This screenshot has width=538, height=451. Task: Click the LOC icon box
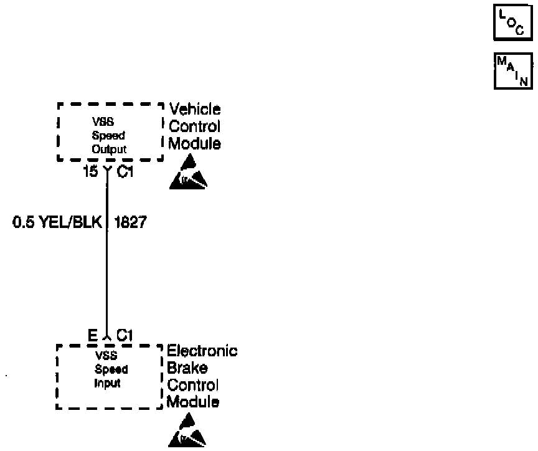[512, 24]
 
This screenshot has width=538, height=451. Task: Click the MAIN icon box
[512, 71]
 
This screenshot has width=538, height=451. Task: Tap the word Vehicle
[195, 110]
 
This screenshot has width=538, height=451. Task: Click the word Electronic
[202, 351]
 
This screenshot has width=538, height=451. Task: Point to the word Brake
[187, 368]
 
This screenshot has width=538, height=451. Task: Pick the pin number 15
[90, 171]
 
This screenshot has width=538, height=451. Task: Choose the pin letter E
[92, 336]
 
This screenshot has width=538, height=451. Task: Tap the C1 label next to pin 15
[125, 171]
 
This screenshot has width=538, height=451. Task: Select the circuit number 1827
[131, 222]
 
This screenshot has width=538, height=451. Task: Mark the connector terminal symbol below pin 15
[107, 170]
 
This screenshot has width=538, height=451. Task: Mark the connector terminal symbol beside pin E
[107, 338]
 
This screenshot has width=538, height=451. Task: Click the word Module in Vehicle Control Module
[195, 143]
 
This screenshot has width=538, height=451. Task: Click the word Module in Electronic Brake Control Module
[192, 402]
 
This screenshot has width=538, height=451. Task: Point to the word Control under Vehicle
[195, 126]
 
